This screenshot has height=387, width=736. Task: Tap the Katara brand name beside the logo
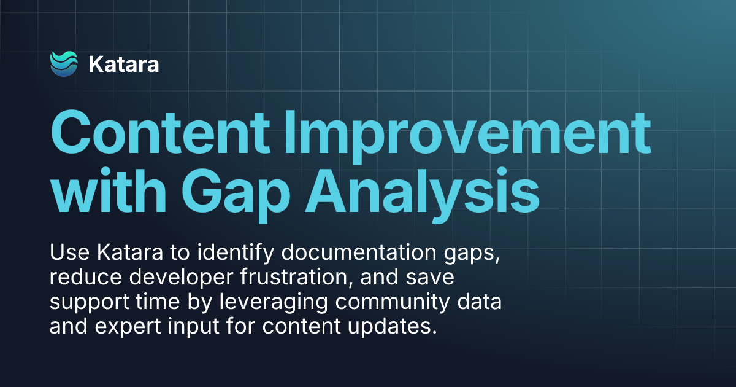pyautogui.click(x=124, y=64)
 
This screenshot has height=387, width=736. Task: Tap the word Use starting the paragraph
pyautogui.click(x=66, y=252)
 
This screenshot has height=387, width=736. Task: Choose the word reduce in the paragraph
pyautogui.click(x=80, y=277)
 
